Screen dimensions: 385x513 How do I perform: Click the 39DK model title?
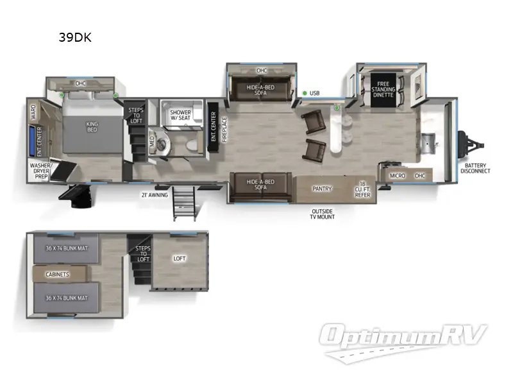(x=75, y=37)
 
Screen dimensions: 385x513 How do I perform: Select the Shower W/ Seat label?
(x=180, y=116)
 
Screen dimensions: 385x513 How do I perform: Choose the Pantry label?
(x=321, y=189)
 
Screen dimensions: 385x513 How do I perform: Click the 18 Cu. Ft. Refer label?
(x=362, y=189)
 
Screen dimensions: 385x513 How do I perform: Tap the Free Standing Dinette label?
(x=383, y=90)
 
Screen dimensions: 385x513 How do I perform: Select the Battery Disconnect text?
(x=475, y=168)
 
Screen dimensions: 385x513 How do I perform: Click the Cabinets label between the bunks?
(x=57, y=274)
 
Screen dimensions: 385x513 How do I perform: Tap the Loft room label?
(x=180, y=259)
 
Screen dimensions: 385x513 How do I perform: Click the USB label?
(x=314, y=93)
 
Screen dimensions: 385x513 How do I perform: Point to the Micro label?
(x=397, y=175)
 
